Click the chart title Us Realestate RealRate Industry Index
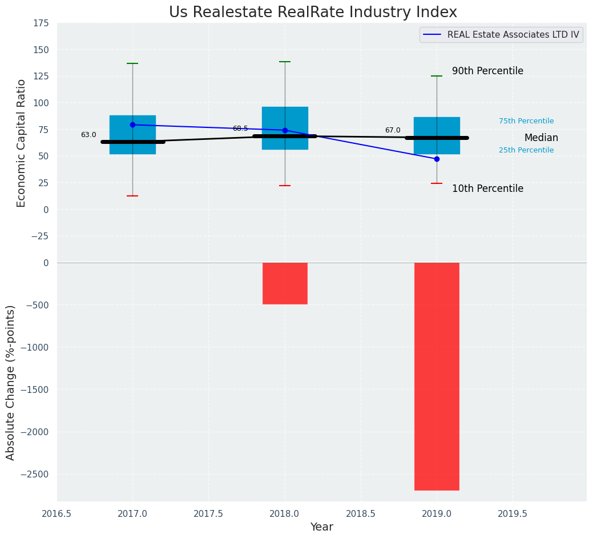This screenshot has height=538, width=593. (313, 13)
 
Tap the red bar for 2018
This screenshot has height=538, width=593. (285, 283)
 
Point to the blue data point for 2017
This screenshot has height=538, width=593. (132, 125)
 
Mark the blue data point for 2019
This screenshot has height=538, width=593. (437, 159)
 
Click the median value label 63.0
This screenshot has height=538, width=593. (88, 135)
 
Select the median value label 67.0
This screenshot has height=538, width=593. (393, 131)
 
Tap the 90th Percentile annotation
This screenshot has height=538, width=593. (487, 71)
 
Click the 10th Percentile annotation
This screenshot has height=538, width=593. (487, 189)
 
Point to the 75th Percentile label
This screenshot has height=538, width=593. (526, 121)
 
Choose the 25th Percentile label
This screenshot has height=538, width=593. (526, 150)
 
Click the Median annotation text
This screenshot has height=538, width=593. (541, 138)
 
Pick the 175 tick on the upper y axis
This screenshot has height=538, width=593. (41, 23)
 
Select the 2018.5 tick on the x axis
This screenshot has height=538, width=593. (361, 513)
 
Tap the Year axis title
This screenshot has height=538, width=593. (322, 527)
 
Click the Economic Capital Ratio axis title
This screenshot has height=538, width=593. (22, 143)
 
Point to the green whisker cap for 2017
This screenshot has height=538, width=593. (132, 63)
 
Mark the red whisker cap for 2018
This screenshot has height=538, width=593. (285, 186)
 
